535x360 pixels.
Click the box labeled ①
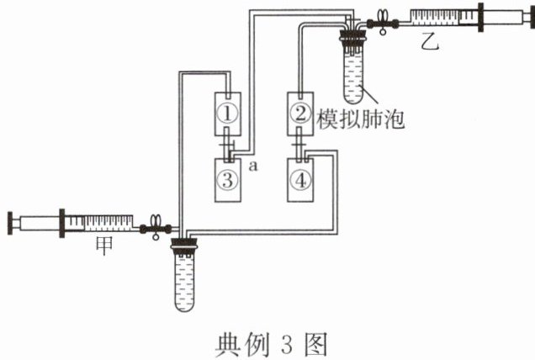(229, 110)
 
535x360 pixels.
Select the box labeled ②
(299, 110)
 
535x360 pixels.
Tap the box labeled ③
(229, 177)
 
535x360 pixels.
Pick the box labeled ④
(299, 177)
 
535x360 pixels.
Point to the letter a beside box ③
(252, 167)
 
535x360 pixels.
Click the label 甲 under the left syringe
(99, 249)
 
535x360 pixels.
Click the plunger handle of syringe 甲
(12, 224)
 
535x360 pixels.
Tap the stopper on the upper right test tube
(354, 36)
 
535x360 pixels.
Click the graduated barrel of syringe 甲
(101, 224)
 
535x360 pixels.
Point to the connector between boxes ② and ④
(300, 145)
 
